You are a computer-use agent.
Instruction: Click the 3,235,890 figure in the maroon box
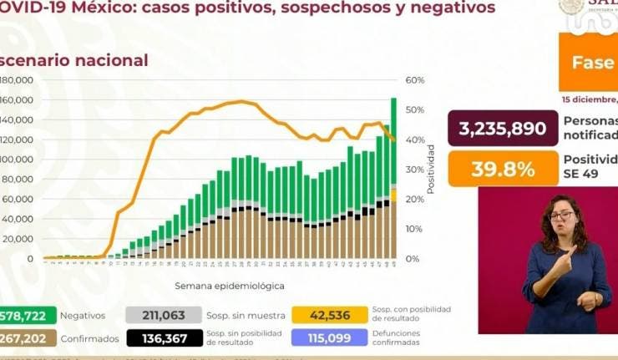click(503, 129)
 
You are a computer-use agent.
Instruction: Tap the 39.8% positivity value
click(503, 169)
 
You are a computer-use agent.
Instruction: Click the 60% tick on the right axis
click(415, 80)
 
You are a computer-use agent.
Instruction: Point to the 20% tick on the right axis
click(415, 199)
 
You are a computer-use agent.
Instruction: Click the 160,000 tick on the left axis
click(18, 100)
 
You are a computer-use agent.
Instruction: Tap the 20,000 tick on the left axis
click(20, 239)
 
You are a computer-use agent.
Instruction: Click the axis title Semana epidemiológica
click(229, 286)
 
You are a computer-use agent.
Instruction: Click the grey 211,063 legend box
click(163, 316)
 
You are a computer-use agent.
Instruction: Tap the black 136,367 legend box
click(163, 337)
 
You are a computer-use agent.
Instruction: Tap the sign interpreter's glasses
click(561, 215)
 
